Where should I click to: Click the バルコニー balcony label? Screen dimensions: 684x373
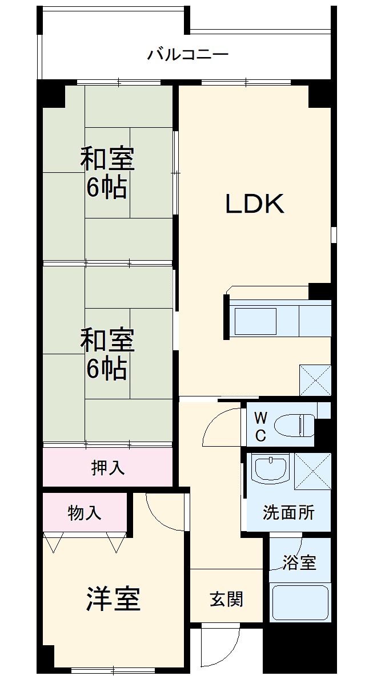pos(188,55)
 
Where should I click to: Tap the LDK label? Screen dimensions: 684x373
pos(255,204)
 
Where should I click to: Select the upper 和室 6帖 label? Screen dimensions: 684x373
pos(107,173)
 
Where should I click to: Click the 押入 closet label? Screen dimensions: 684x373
pos(107,468)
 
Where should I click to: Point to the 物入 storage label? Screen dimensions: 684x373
pos(85,513)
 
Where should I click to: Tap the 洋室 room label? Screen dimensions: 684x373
pos(114,599)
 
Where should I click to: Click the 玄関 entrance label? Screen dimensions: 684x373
pos(227,599)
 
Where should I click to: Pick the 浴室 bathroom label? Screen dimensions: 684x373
pos(299,562)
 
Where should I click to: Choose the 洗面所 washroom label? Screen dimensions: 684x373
pos(288,512)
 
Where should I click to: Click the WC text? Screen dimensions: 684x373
pos(260,426)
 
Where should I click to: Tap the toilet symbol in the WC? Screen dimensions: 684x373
pos(294,426)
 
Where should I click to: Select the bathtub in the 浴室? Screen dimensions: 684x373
pos(299,602)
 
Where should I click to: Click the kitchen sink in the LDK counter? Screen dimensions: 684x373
pos(256,322)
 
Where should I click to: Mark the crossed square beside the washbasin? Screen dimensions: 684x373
pos(312,471)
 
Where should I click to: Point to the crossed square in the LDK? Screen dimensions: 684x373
pos(315,379)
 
